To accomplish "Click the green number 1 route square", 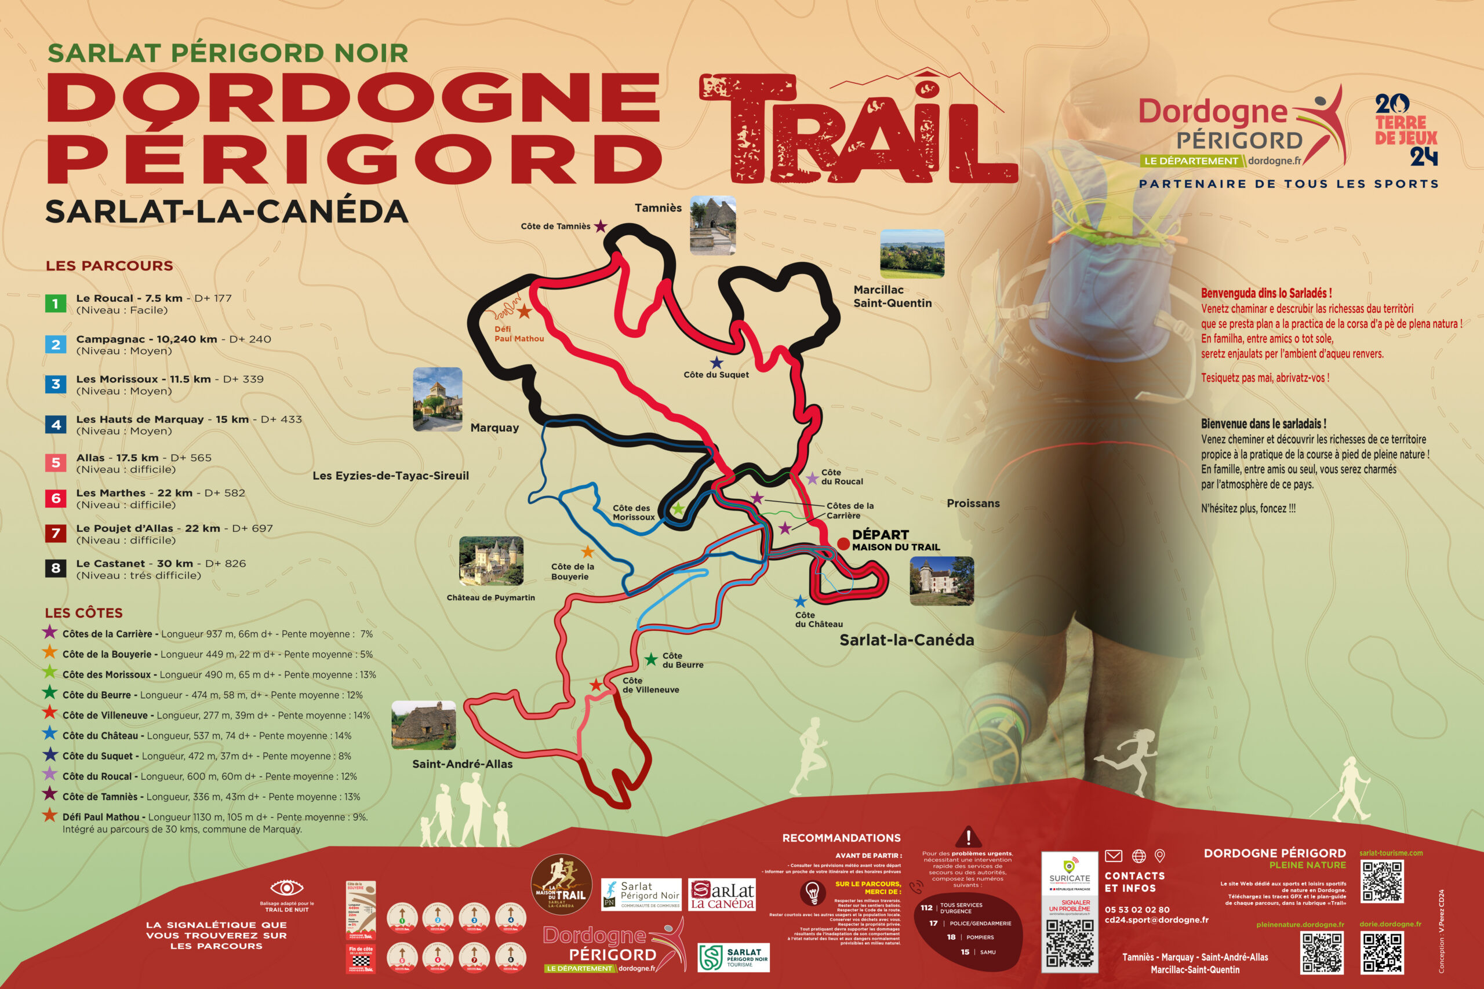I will click(56, 304).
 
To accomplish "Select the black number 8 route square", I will click(56, 568).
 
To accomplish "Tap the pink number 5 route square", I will click(56, 462).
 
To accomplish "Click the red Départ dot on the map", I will click(843, 543).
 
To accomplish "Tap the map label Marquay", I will click(494, 428).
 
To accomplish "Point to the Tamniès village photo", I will click(713, 225).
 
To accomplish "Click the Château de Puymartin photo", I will click(491, 561).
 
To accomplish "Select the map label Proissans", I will click(973, 503).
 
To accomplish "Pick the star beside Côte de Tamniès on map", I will click(601, 226).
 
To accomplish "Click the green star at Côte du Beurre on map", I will click(651, 660).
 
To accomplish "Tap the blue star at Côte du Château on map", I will click(800, 601).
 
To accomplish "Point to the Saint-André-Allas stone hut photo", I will click(423, 725).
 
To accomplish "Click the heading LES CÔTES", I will click(83, 613).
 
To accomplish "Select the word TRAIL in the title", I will click(858, 129).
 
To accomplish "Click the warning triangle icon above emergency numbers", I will click(968, 837).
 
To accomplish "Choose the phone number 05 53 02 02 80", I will click(1137, 910).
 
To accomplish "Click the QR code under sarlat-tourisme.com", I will click(1383, 882).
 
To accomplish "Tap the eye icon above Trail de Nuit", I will click(286, 888).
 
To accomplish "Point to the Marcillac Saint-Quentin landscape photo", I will click(912, 254).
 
